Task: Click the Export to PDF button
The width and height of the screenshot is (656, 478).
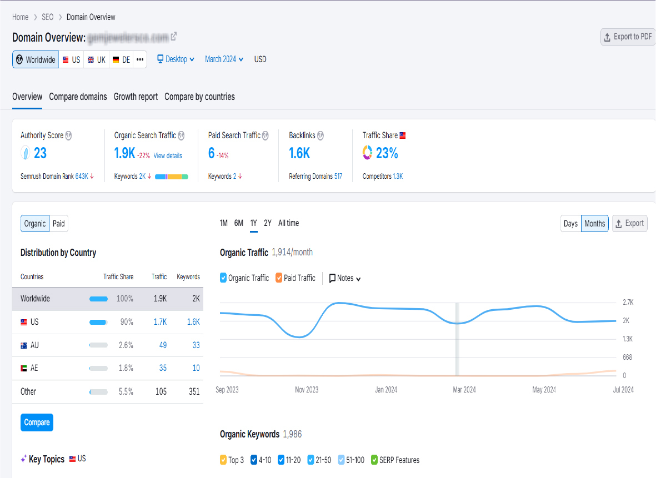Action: (x=628, y=37)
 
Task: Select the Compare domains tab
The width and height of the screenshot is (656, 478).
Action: (x=78, y=97)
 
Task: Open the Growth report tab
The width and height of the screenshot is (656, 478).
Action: (x=136, y=97)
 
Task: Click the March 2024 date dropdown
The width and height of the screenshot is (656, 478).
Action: (x=224, y=59)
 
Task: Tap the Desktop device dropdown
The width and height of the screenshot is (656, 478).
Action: (x=176, y=59)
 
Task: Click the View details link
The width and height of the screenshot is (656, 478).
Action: (x=168, y=155)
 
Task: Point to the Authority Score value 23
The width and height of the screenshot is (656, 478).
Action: (x=40, y=153)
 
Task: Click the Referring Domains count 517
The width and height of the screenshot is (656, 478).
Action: (x=338, y=176)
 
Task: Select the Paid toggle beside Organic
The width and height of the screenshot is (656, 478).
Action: (x=58, y=224)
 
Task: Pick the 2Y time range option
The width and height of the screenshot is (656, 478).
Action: (x=268, y=223)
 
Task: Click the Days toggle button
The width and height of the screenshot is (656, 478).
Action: (x=570, y=224)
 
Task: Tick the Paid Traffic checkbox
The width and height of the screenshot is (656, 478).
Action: (x=279, y=278)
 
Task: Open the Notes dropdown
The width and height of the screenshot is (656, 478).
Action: (x=345, y=278)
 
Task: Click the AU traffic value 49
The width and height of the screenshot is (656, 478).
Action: (x=163, y=345)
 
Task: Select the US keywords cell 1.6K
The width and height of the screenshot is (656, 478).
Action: (x=193, y=322)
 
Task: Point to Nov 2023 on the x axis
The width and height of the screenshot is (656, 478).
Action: (x=307, y=390)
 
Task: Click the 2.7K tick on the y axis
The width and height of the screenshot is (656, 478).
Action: (x=628, y=303)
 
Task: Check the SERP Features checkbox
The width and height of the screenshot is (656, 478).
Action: (x=374, y=460)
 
